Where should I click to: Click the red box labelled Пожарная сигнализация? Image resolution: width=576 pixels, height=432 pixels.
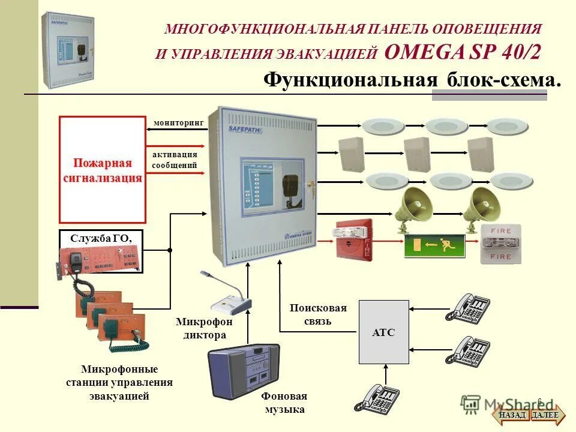103,170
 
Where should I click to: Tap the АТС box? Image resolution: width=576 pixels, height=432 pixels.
383,332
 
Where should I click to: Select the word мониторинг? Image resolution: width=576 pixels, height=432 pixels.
179,122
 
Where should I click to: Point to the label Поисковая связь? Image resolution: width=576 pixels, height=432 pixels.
318,314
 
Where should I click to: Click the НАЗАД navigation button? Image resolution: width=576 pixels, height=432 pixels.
512,415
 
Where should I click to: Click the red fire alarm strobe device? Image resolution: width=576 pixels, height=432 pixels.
353,240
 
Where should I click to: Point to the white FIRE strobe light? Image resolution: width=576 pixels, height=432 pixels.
500,244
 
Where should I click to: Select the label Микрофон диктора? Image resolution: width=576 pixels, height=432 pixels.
205,328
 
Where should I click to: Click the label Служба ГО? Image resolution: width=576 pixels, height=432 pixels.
100,238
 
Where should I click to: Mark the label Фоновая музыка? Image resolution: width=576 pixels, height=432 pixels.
284,403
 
